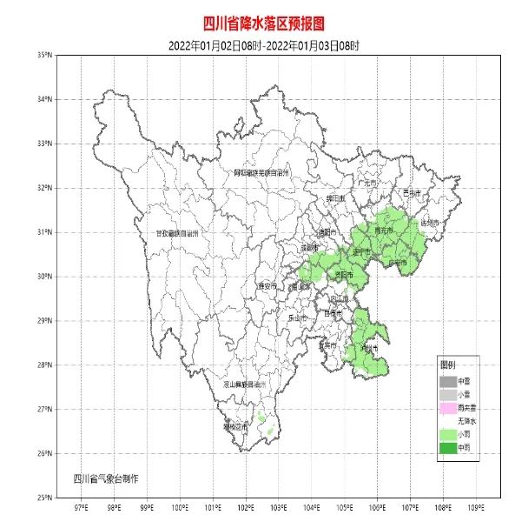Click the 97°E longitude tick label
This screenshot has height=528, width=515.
click(81, 507)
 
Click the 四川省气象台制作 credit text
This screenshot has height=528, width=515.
click(106, 478)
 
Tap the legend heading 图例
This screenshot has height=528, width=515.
click(447, 364)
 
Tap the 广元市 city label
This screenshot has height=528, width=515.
click(366, 184)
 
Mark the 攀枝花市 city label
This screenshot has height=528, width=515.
click(236, 426)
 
